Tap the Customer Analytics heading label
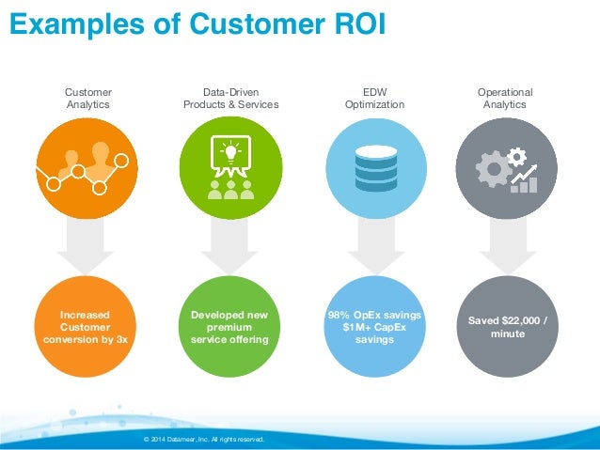click(x=87, y=99)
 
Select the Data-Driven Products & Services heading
click(x=230, y=99)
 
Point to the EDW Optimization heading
click(x=374, y=99)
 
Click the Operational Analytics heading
click(x=505, y=99)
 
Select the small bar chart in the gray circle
click(x=523, y=183)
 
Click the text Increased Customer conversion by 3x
click(x=86, y=326)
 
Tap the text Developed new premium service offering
click(x=229, y=326)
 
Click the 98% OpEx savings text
click(x=374, y=314)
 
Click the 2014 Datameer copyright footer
click(x=203, y=439)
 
